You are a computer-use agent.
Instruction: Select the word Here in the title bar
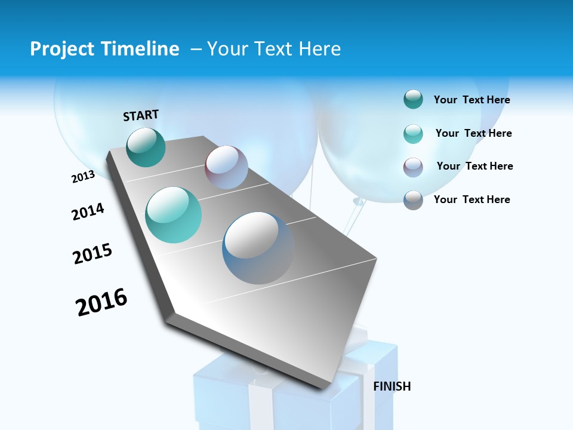coord(320,49)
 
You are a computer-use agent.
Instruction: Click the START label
coord(141,115)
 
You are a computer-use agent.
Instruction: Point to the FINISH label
coord(392,386)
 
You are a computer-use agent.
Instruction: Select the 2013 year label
coord(83,177)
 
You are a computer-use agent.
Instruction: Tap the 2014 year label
coord(88,211)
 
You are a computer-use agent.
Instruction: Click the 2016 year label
coord(101,302)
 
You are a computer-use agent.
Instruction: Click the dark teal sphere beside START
coord(146,147)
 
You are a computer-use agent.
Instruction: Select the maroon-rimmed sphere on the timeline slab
coord(226,167)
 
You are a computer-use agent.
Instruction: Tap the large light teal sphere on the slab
coord(174,215)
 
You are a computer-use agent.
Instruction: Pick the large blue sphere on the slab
coord(258,248)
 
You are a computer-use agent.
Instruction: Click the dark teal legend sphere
coord(413,99)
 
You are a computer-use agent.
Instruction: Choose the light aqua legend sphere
coord(413,133)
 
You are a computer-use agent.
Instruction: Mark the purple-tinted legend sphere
coord(413,167)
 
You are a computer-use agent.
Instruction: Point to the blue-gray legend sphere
coord(413,199)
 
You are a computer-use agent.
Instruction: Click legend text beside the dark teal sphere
coord(472,100)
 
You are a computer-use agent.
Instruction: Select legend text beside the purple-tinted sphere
coord(475,166)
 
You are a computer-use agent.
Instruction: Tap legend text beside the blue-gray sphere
coord(472,199)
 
